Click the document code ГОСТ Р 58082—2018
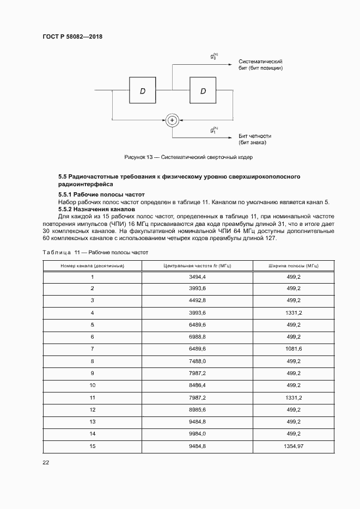[72, 37]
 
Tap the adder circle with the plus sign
[172, 120]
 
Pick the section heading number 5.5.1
[66, 194]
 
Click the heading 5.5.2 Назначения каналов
[96, 209]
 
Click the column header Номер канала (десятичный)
[92, 266]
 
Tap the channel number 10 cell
[92, 385]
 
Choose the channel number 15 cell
[92, 446]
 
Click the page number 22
[46, 463]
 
